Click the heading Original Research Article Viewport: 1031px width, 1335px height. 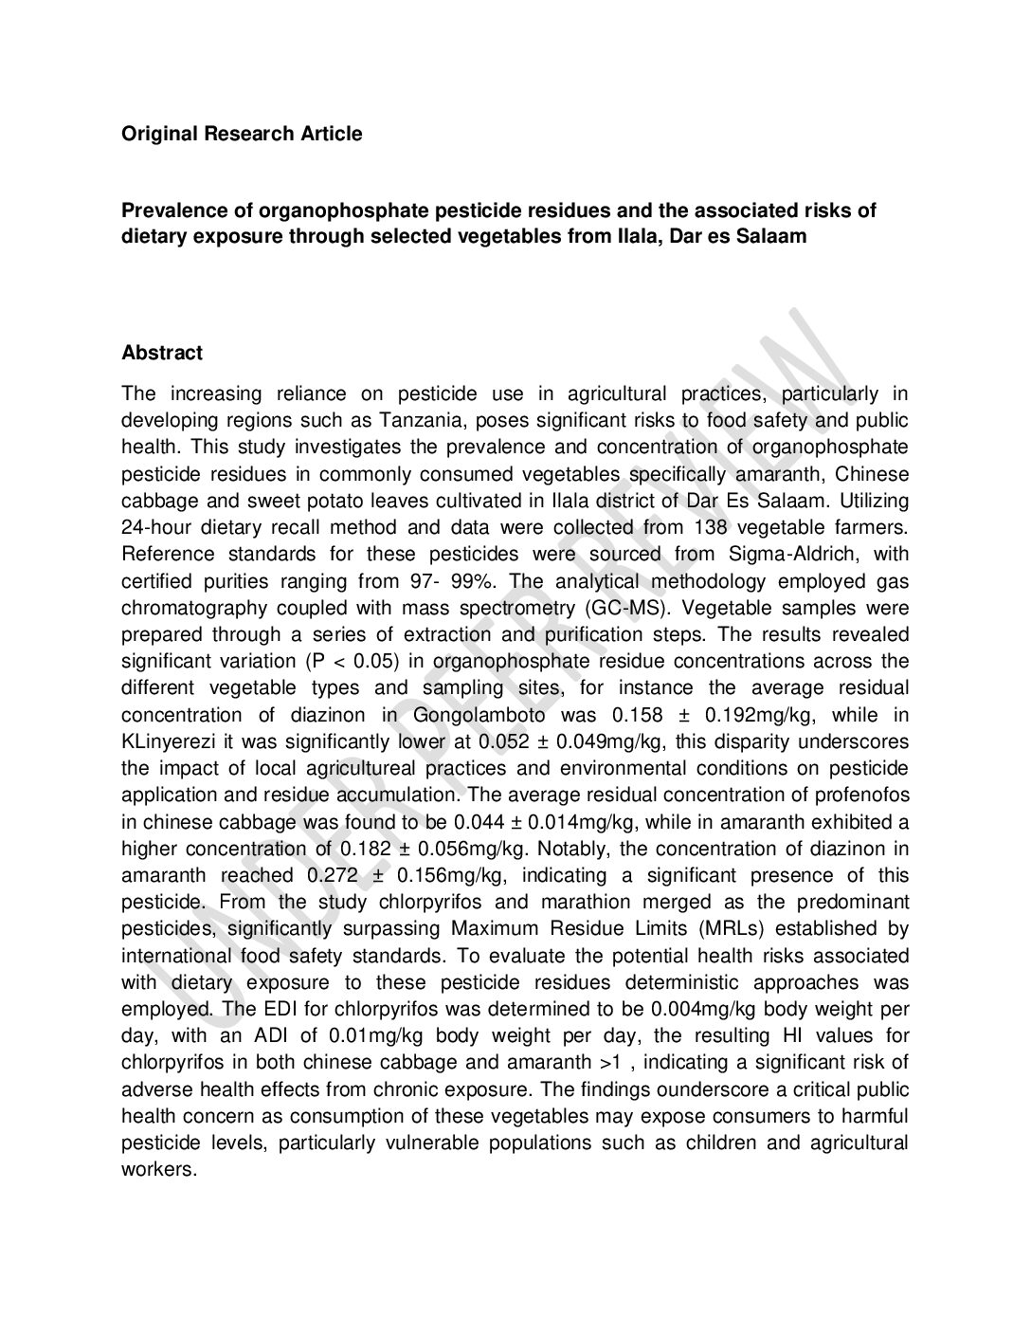(242, 134)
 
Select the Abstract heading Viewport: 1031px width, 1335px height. (162, 353)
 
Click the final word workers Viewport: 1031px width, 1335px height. (158, 1169)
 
